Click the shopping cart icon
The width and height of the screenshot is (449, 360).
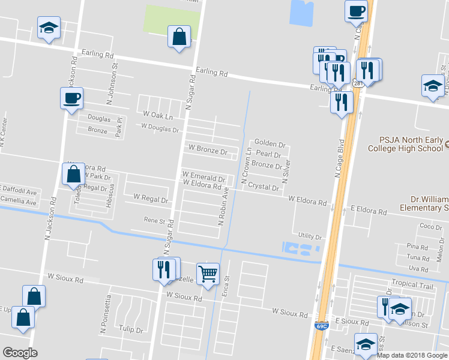[x=208, y=274]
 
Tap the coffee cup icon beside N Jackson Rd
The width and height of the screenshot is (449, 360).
[x=71, y=97]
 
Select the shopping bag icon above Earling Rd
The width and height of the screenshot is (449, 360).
[x=179, y=37]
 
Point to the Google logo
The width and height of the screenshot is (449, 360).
[x=20, y=353]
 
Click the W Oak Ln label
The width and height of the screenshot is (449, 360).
[x=157, y=114]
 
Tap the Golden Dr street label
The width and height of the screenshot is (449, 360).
[x=269, y=144]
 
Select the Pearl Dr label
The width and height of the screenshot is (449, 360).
[x=268, y=154]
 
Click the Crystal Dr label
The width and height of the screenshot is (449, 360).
[x=264, y=188]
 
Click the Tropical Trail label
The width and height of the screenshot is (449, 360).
[x=412, y=284]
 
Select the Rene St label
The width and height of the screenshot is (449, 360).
[x=154, y=221]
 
